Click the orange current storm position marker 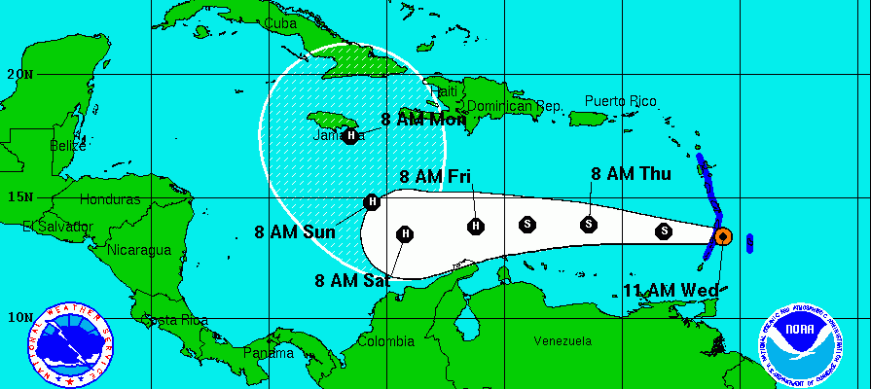(x=722, y=235)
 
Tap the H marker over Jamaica (x=349, y=136)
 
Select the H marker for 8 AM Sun (x=371, y=202)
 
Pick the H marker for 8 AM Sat (x=405, y=233)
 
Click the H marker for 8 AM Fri (x=476, y=226)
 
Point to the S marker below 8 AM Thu (x=589, y=225)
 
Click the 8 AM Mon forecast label (x=423, y=121)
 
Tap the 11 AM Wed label (x=671, y=290)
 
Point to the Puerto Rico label (x=620, y=101)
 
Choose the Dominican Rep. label (x=515, y=106)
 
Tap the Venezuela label (x=563, y=341)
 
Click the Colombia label (x=385, y=341)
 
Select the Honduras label (x=111, y=199)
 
